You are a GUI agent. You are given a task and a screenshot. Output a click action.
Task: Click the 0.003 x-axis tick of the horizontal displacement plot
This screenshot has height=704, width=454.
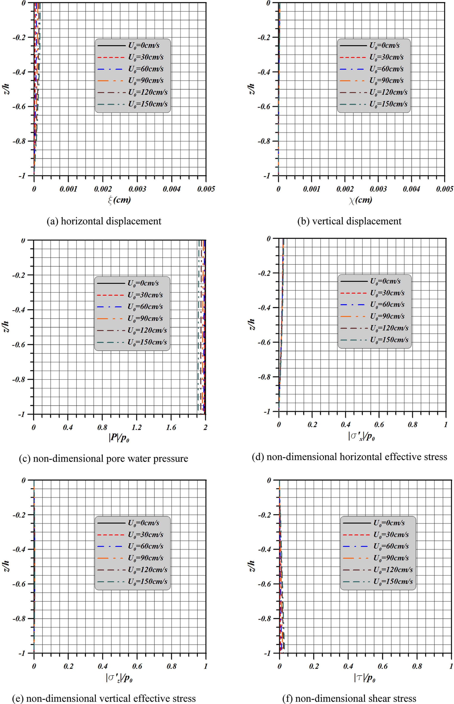coord(137,189)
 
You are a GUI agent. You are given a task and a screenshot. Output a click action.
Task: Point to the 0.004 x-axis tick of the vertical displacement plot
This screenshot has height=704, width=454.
coord(412,189)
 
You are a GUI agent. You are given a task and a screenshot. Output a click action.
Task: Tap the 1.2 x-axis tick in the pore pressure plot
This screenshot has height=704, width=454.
coord(136,427)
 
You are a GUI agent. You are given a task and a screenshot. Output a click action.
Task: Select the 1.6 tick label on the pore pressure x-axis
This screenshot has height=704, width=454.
coord(171,427)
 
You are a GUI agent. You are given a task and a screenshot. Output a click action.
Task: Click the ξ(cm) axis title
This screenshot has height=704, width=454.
coord(119,200)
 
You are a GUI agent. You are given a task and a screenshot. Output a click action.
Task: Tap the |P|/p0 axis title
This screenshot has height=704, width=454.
coord(119,438)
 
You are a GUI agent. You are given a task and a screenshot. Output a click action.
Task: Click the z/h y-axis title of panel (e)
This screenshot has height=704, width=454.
coord(6,567)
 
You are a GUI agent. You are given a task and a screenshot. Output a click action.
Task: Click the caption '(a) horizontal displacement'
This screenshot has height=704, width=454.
coord(104,221)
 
